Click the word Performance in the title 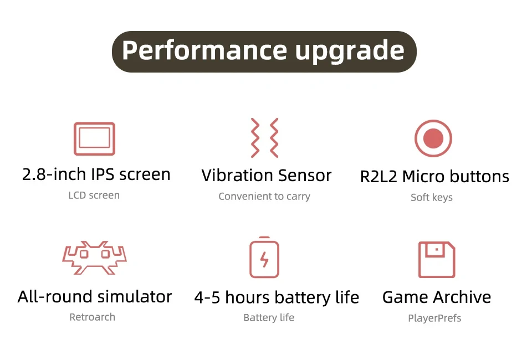[204, 50]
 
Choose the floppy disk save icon [420, 260]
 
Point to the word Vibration [237, 175]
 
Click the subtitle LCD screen [94, 196]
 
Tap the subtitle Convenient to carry [264, 196]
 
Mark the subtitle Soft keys [432, 197]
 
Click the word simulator [135, 297]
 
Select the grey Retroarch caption [93, 317]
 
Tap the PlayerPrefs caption [434, 318]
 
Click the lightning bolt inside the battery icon [264, 260]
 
